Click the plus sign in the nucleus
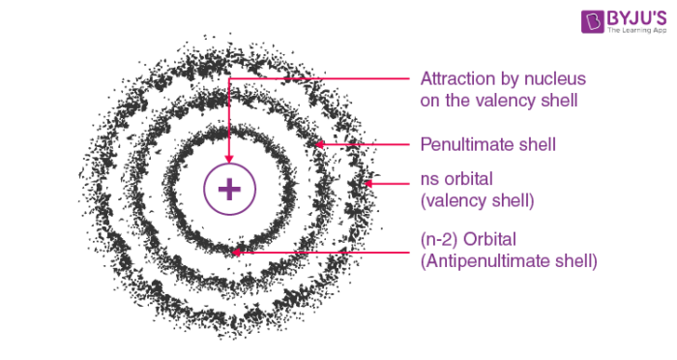click(x=229, y=190)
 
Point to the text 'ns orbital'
click(x=456, y=179)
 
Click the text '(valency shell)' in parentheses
click(x=477, y=201)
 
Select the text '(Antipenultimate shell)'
click(x=509, y=261)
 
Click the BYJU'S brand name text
click(x=636, y=18)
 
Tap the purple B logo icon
click(x=592, y=21)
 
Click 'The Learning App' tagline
click(x=636, y=30)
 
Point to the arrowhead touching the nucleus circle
click(x=229, y=160)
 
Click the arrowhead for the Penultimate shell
click(x=319, y=145)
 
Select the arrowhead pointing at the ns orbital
click(x=368, y=184)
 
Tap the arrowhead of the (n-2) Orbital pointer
click(x=236, y=253)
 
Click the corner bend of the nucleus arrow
click(x=229, y=78)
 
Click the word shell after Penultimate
click(x=537, y=144)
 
